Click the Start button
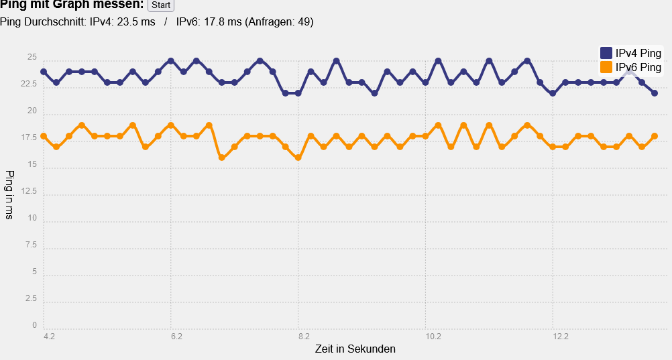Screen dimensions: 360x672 [x=160, y=5]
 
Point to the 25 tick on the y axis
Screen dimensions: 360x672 [x=32, y=58]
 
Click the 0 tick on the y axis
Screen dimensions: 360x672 [x=34, y=325]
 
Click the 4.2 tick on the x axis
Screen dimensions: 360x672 [x=49, y=337]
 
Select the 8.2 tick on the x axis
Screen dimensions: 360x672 [x=304, y=337]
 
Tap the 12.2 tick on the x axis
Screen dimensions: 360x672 [x=561, y=337]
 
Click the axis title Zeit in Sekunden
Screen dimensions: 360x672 [x=355, y=349]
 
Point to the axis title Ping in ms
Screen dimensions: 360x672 [x=9, y=194]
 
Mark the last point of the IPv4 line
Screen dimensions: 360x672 [x=655, y=93]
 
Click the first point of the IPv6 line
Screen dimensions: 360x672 [x=44, y=136]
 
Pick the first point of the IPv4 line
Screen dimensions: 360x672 [x=44, y=72]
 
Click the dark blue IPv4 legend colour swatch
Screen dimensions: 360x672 [x=606, y=53]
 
